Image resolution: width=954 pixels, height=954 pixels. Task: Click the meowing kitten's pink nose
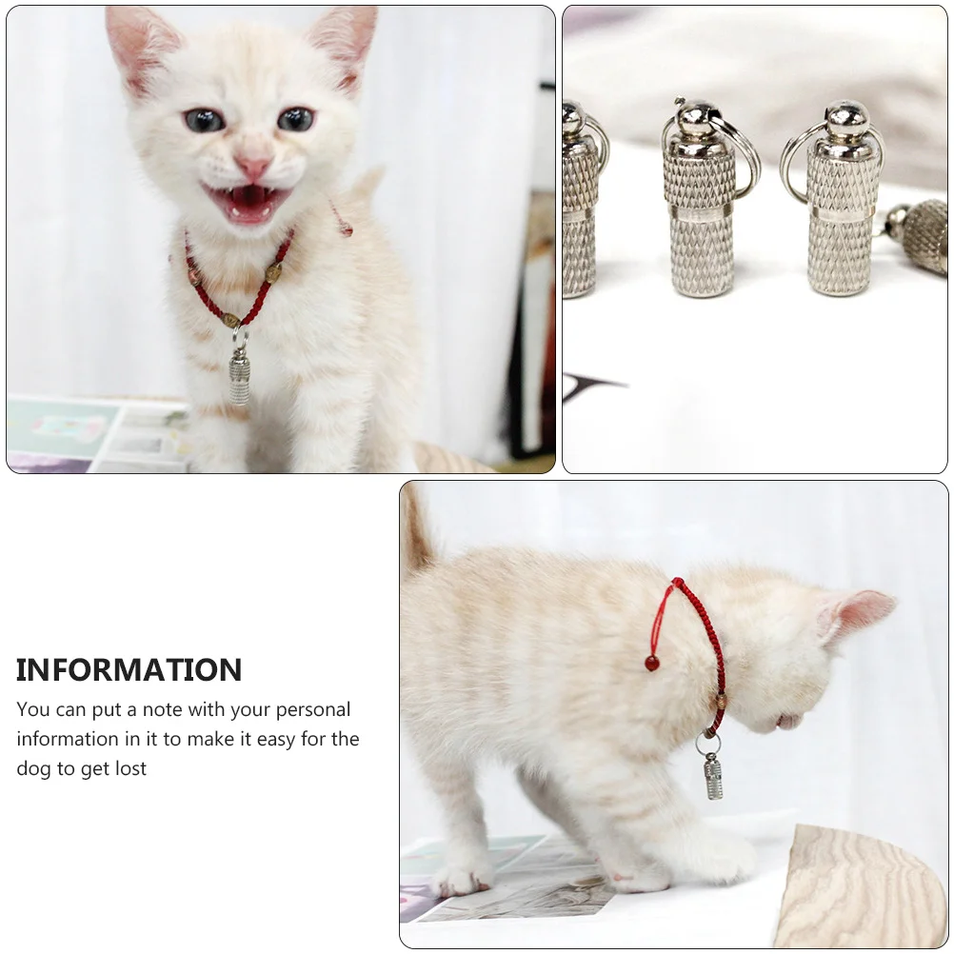[252, 168]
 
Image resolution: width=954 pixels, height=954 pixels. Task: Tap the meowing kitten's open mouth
[247, 199]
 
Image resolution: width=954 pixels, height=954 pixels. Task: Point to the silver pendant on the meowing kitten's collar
[239, 377]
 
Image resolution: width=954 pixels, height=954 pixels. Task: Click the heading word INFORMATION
[129, 670]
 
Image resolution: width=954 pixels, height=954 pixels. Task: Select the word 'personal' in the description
[310, 710]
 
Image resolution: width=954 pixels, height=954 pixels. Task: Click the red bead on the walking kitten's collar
[652, 662]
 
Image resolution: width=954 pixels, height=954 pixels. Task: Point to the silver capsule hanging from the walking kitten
[713, 775]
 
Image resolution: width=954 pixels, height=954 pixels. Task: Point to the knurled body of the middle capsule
[699, 219]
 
